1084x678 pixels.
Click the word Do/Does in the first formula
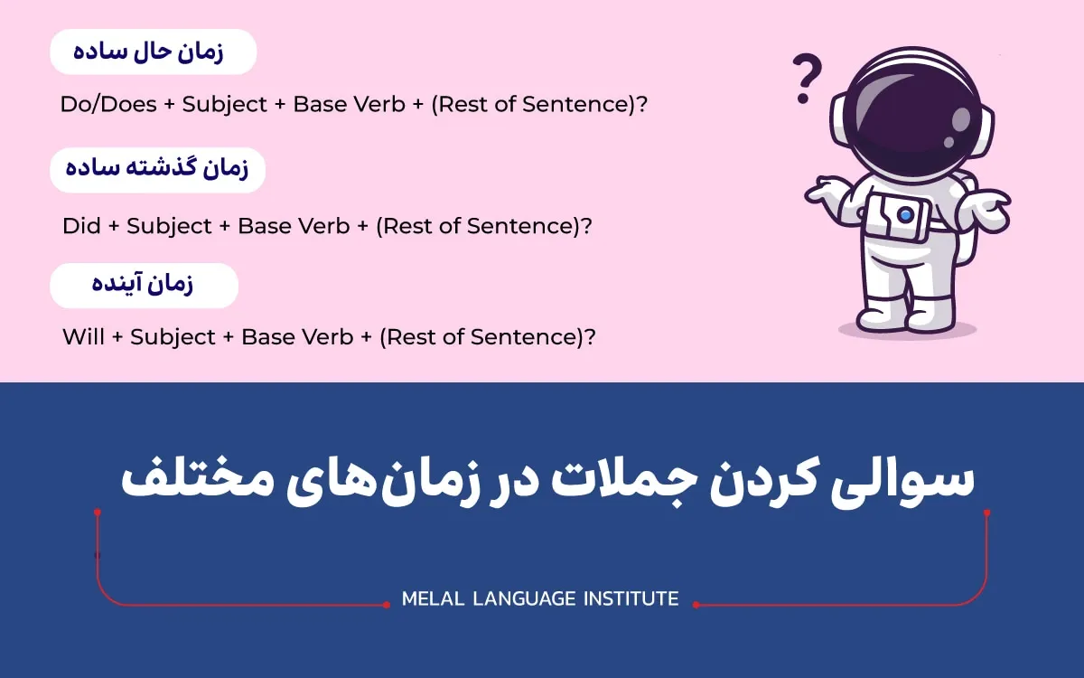(108, 105)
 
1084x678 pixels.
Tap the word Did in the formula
(81, 226)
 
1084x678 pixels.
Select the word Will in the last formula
(83, 336)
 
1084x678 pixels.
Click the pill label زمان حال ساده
(153, 52)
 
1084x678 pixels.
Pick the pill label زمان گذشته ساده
(157, 170)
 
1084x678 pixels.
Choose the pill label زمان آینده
(144, 286)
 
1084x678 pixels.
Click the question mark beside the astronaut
(806, 79)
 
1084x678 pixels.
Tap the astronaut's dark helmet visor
(912, 116)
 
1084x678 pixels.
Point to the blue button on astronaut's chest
(905, 214)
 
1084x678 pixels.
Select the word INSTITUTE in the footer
(631, 599)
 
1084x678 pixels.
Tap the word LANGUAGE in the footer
(524, 599)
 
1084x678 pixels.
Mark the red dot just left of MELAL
(387, 605)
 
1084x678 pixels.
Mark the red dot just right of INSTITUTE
(696, 605)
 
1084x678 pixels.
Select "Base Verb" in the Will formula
(297, 336)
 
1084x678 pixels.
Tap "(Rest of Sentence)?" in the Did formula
(484, 227)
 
